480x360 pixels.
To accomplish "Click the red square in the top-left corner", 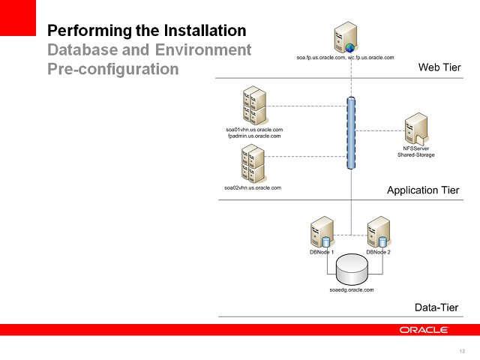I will point(17,17).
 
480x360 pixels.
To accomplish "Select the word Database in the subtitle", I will point(82,50).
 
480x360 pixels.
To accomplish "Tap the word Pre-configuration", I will point(113,69).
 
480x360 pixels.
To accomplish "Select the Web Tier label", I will point(439,68).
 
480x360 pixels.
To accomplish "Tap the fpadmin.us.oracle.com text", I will point(254,136).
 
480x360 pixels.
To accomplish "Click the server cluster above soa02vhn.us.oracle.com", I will point(253,164).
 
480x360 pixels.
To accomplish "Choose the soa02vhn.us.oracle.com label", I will point(253,187).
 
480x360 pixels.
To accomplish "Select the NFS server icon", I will point(416,129).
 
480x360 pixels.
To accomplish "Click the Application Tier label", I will point(423,190).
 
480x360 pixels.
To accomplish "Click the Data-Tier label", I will point(436,307).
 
